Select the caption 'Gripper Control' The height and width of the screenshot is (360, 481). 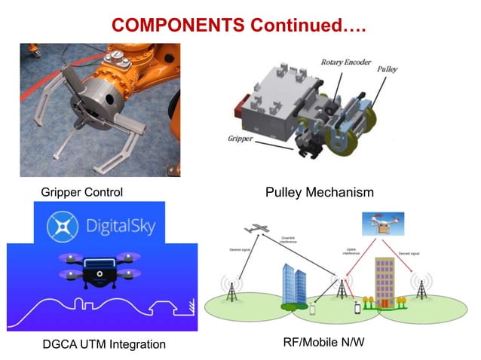tap(81, 192)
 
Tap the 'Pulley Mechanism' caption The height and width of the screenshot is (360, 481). tap(319, 192)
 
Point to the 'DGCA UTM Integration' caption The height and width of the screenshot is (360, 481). tap(104, 344)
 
